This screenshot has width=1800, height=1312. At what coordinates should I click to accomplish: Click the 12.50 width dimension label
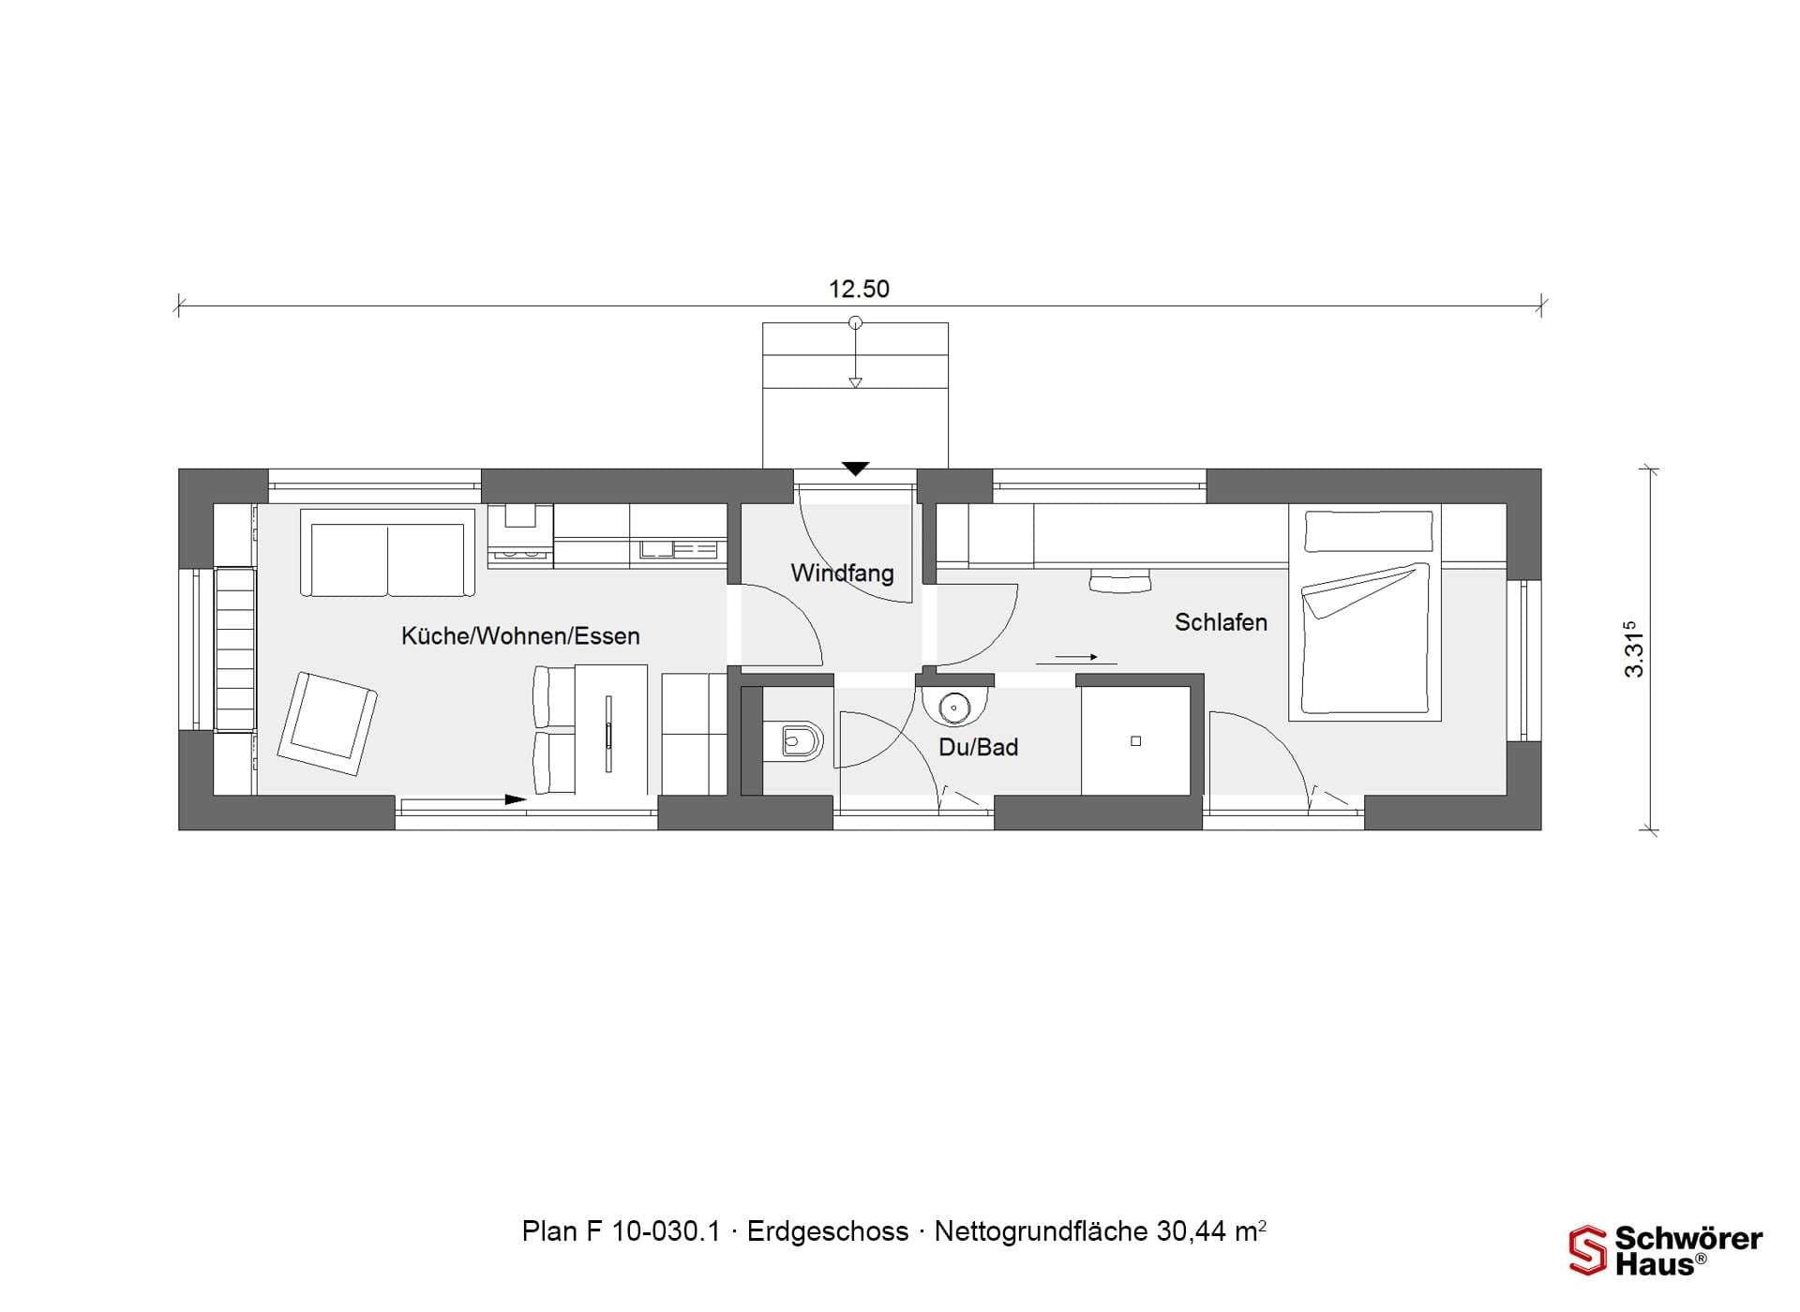[859, 289]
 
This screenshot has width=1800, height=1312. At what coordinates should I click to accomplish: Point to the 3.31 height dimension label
[1634, 649]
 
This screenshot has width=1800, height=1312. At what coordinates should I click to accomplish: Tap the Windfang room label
[842, 573]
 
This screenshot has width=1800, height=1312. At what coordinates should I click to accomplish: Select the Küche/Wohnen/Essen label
[520, 636]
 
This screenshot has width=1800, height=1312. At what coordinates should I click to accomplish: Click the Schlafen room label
[1221, 622]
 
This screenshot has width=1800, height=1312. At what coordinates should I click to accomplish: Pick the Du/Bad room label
[978, 747]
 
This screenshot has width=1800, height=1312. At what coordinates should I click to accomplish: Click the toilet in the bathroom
[793, 741]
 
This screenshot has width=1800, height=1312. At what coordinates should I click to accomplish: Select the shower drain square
[1136, 741]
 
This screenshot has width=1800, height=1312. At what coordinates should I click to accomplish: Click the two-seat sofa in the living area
[387, 553]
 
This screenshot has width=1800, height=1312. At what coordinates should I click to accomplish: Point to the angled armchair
[327, 723]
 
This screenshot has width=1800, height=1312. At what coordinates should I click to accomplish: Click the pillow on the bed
[1370, 530]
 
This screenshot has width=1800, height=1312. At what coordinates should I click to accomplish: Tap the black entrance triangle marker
[855, 469]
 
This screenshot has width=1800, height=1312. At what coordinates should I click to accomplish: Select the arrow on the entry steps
[855, 353]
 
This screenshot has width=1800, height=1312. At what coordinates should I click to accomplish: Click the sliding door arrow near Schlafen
[1075, 657]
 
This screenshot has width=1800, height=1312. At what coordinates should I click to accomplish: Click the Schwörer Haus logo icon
[1588, 1250]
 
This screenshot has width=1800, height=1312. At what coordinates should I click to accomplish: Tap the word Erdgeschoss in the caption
[828, 1231]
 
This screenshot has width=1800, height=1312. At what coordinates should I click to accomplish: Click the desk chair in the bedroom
[1120, 581]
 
